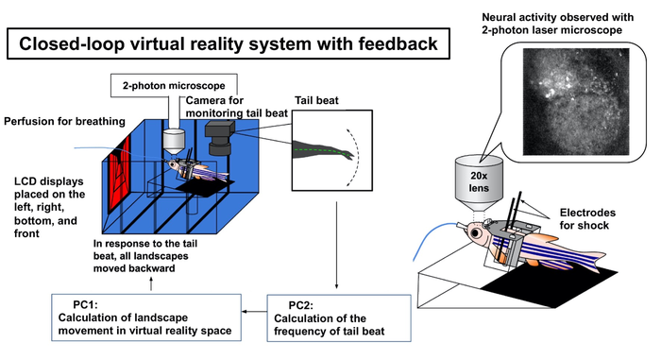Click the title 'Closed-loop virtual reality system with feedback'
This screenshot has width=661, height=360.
(x=229, y=43)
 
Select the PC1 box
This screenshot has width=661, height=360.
(x=146, y=317)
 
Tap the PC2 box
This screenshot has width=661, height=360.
(x=339, y=318)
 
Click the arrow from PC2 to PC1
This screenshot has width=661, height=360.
(x=254, y=312)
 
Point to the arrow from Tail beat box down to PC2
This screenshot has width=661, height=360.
(x=336, y=246)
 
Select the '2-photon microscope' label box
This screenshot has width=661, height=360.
(x=174, y=86)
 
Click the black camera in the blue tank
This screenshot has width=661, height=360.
(x=220, y=138)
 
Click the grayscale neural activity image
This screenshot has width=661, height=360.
(x=576, y=102)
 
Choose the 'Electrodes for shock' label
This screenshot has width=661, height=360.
(x=587, y=218)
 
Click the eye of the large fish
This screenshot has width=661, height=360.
(x=476, y=232)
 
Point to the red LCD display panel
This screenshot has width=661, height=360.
(x=119, y=174)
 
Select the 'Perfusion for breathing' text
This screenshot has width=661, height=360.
(x=64, y=122)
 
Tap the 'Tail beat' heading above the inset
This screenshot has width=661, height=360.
(x=316, y=100)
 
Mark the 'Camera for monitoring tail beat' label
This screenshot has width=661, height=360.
(x=236, y=107)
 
